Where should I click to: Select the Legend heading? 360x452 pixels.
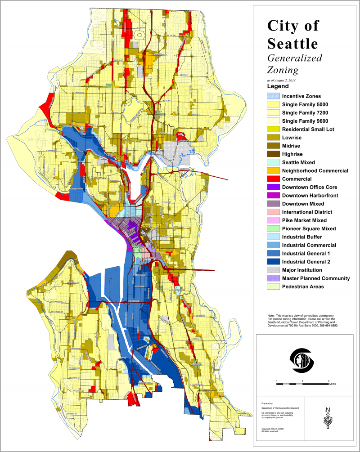tap(278, 85)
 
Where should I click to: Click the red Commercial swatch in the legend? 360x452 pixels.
tap(272, 179)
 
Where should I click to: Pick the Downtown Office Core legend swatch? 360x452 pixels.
tap(272, 187)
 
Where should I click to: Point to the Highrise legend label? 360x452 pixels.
tap(295, 154)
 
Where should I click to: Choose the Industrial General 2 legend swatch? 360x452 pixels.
tap(272, 262)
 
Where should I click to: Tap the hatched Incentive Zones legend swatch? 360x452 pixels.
tap(272, 96)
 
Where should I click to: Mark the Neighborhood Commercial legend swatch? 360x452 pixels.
tap(272, 170)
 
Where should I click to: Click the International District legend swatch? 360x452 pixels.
tap(272, 212)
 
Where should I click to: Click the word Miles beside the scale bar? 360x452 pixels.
tap(333, 385)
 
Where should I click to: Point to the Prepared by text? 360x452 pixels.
tap(268, 404)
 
